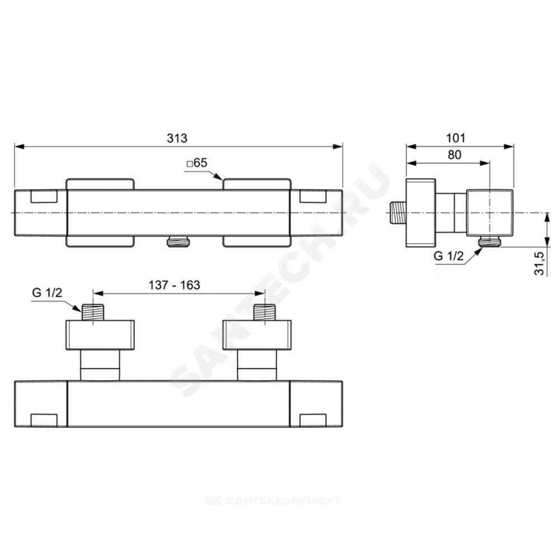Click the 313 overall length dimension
(177, 138)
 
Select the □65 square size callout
(197, 163)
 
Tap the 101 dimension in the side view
(456, 138)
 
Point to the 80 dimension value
(454, 155)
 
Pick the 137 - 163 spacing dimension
(174, 285)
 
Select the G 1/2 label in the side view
(449, 256)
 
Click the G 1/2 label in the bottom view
(47, 292)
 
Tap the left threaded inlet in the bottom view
(93, 312)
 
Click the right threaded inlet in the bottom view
(264, 312)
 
